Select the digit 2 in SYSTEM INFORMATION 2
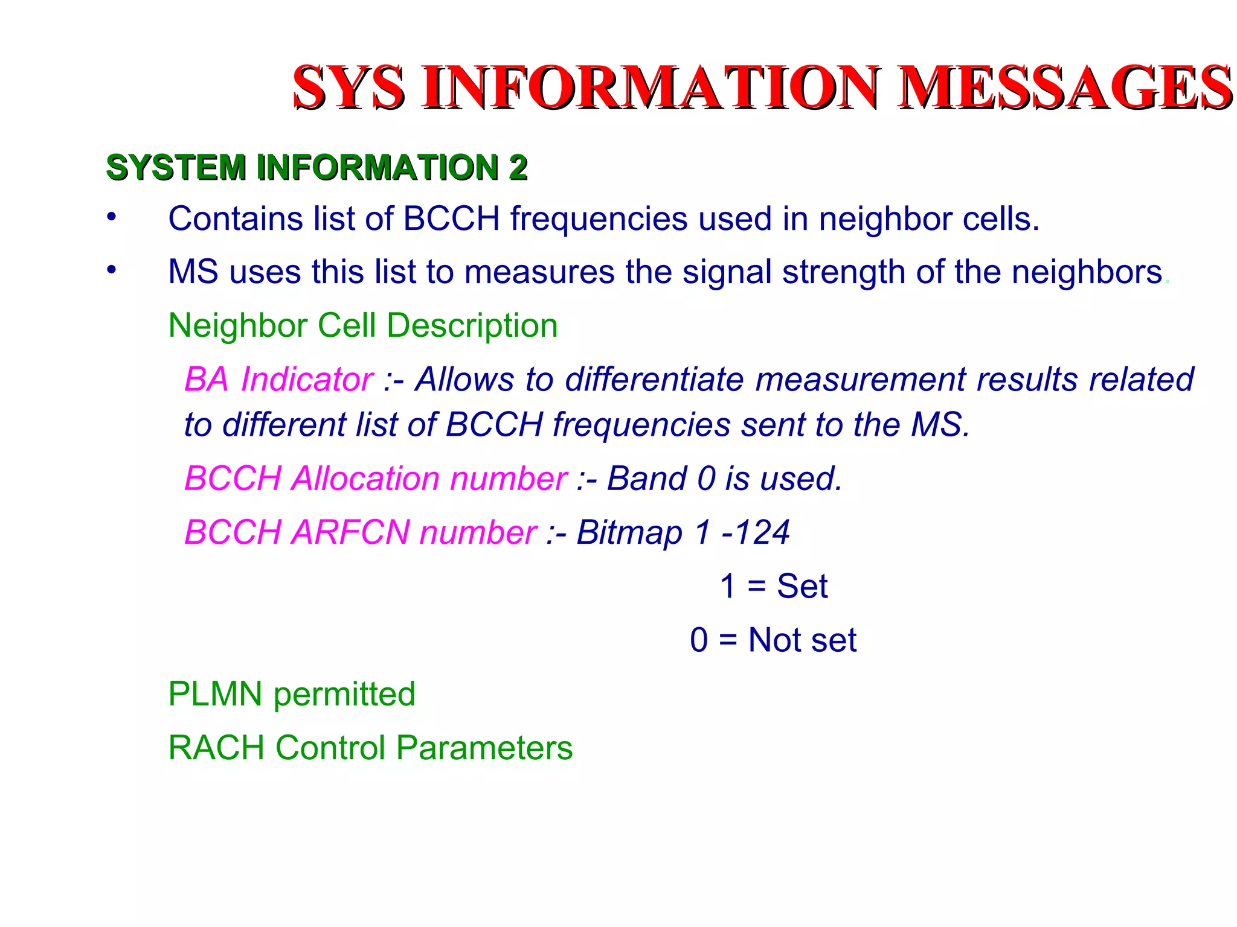coord(518,167)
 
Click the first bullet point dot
coord(111,217)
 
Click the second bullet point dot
coord(111,270)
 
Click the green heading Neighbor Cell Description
coord(362,326)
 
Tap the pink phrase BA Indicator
coord(278,380)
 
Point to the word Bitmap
coord(629,532)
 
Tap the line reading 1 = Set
coord(773,586)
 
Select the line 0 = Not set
coord(773,640)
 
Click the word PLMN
coord(215,694)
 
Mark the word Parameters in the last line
coord(484,748)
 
